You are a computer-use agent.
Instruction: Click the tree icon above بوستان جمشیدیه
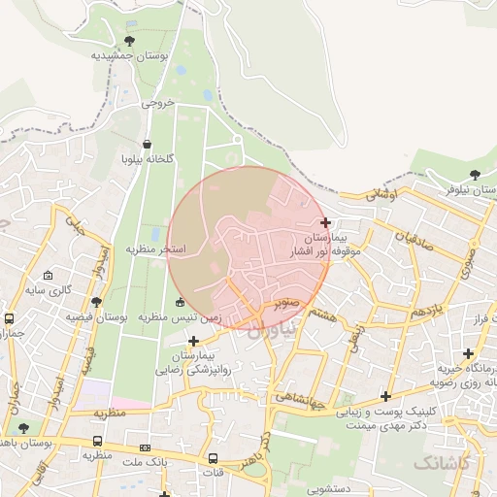coord(130,40)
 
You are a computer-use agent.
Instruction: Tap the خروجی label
coord(157,101)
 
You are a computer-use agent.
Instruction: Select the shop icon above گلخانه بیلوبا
coord(147,144)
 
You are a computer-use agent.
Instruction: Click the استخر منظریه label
coord(155,249)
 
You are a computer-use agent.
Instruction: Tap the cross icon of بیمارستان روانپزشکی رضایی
coord(194,341)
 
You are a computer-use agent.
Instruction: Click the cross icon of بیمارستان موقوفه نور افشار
coord(325,222)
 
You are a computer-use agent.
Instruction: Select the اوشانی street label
coord(381,195)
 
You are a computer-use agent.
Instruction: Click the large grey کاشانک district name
coord(441,463)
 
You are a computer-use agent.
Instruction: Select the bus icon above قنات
coord(213,458)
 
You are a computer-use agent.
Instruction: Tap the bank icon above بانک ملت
coord(146,448)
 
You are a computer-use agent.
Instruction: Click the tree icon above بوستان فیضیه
coord(96,303)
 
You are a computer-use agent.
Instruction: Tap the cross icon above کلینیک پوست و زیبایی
coord(386,396)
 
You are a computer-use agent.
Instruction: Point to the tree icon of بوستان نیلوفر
coord(474,176)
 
